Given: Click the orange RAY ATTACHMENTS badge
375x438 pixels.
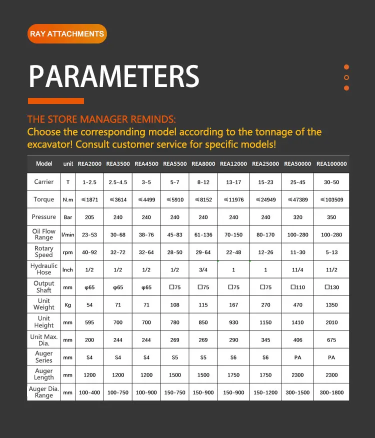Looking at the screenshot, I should tap(67, 34).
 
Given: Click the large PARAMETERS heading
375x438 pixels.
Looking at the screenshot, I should tap(114, 76).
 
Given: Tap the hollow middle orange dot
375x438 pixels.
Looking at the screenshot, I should tap(346, 77).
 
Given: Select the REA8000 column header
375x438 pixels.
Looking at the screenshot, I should tap(203, 164).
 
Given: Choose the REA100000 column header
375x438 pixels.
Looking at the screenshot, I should tap(331, 164).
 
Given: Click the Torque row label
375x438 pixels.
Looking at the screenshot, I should tap(44, 199).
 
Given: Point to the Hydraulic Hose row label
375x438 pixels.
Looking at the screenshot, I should tap(44, 269).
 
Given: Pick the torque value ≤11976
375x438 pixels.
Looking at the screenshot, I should tap(233, 200).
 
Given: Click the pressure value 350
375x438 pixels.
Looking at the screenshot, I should tap(331, 217).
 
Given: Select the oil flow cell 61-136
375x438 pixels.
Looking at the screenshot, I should tap(203, 235).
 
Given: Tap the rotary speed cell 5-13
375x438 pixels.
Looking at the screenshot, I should tap(331, 252).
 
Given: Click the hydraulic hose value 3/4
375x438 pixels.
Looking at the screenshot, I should tap(203, 270).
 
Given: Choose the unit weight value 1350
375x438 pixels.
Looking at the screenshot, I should tap(331, 305).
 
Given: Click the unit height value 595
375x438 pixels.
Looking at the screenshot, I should tap(89, 322).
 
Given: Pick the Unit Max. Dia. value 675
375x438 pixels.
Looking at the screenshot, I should tap(331, 340).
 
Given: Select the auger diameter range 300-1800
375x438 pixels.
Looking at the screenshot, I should tap(331, 392).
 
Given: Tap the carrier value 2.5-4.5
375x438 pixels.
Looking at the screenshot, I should tap(118, 182).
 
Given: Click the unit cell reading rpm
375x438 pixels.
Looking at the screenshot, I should tap(67, 252).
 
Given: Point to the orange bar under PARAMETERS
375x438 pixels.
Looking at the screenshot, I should tap(55, 101).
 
